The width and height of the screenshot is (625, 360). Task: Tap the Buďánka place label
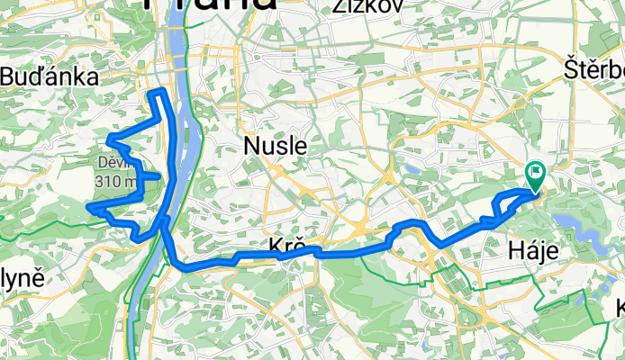pyautogui.click(x=49, y=77)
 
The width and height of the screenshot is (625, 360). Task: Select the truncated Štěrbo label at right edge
pyautogui.click(x=593, y=68)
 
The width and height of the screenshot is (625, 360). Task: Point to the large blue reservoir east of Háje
pyautogui.click(x=576, y=224)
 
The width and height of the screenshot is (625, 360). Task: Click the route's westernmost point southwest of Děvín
pyautogui.click(x=89, y=207)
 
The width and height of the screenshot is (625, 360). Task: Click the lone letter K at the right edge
pyautogui.click(x=620, y=309)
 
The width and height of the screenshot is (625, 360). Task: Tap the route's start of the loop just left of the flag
pyautogui.click(x=500, y=198)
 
